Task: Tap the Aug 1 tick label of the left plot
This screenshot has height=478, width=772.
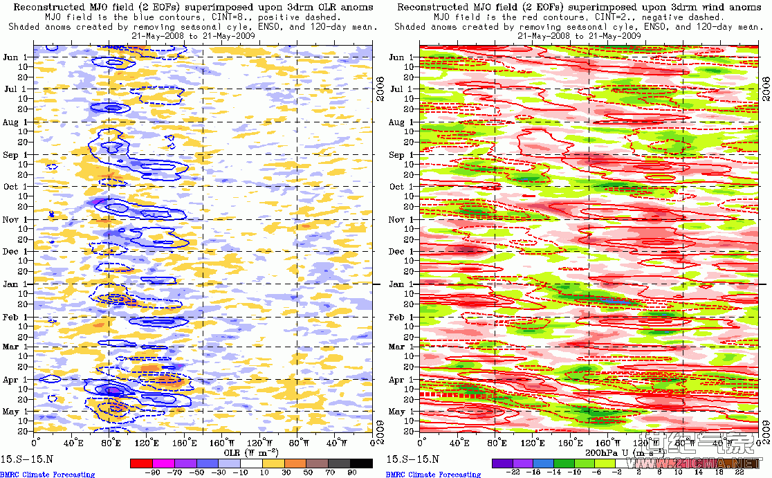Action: click(x=13, y=122)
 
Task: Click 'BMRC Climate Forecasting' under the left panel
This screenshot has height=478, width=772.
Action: click(x=47, y=475)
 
